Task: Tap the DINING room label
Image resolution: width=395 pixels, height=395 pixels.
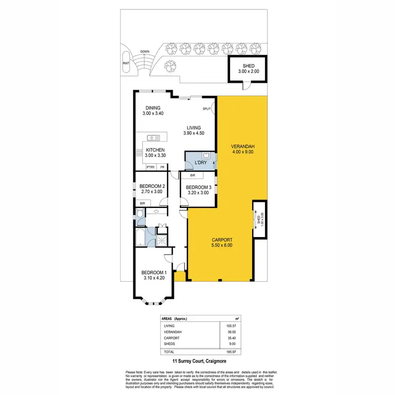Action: click(x=153, y=111)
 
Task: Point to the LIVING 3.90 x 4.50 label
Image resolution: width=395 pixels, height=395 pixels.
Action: click(x=193, y=130)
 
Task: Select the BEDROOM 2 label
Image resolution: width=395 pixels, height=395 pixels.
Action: click(x=152, y=189)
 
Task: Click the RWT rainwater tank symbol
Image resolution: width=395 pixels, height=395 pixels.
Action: click(x=126, y=63)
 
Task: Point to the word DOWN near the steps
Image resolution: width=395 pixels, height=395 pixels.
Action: click(x=144, y=52)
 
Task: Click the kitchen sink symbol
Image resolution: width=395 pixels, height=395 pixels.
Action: click(x=154, y=137)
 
